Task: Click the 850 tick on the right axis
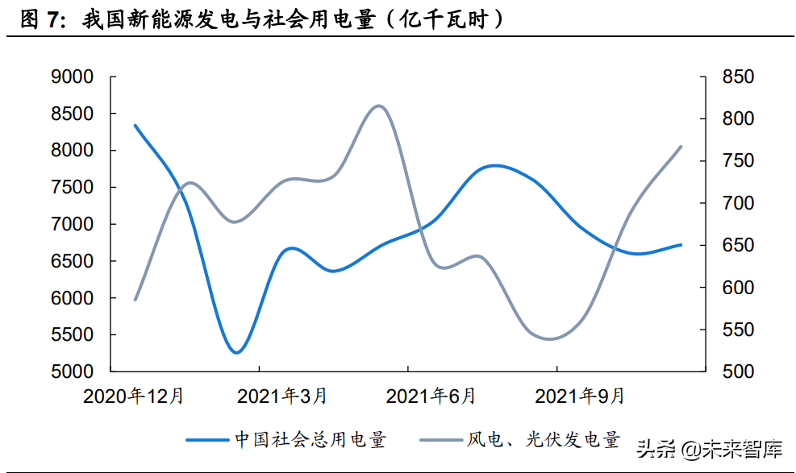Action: click(x=737, y=77)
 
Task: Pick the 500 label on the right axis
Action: click(x=737, y=372)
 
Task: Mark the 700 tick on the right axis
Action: click(x=737, y=204)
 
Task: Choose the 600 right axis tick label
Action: click(x=737, y=288)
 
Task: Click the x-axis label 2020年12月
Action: click(x=134, y=396)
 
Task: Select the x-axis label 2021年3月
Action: click(x=283, y=396)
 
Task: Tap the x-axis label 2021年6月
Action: click(x=431, y=396)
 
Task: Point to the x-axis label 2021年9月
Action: click(x=580, y=396)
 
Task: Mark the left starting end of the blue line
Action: click(x=135, y=126)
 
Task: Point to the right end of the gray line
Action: click(x=681, y=147)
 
